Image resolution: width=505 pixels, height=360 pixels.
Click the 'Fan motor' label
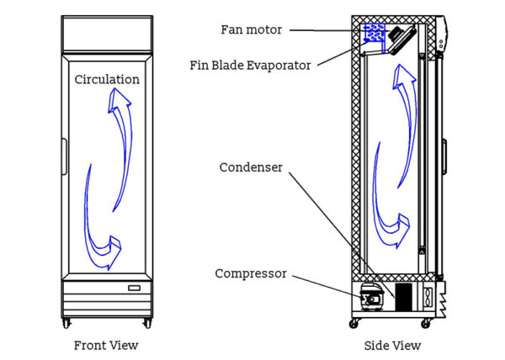point(250,29)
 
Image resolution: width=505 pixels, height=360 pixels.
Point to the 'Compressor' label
point(250,273)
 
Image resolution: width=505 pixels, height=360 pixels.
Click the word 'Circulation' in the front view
point(107,80)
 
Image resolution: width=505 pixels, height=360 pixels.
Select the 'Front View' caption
point(106,345)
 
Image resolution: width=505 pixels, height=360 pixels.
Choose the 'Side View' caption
point(393,345)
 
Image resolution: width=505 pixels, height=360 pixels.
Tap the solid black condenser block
point(404,296)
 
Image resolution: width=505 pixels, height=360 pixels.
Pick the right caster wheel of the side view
point(431,321)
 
